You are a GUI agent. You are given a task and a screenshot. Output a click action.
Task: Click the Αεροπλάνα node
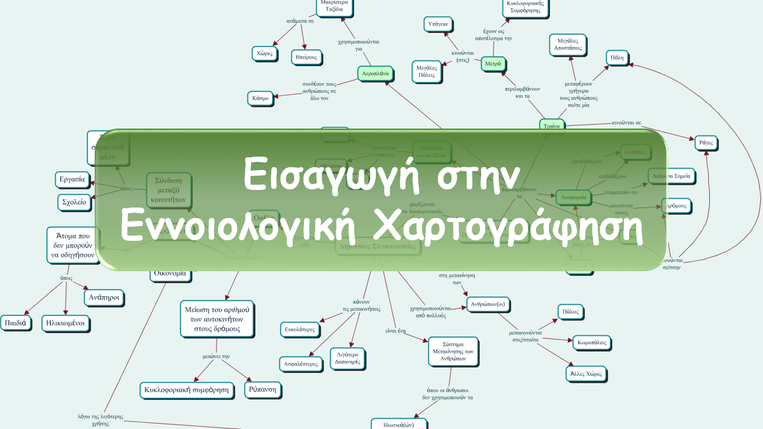click(x=375, y=74)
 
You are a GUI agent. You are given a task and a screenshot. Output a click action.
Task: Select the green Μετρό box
click(x=493, y=64)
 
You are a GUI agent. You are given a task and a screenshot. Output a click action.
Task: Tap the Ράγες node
click(x=706, y=143)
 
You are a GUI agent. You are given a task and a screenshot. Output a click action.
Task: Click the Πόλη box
click(x=617, y=57)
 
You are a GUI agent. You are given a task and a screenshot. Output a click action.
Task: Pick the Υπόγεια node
click(x=438, y=24)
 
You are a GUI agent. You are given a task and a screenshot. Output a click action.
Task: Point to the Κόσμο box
click(x=260, y=98)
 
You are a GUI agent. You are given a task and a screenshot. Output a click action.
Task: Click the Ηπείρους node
click(x=306, y=57)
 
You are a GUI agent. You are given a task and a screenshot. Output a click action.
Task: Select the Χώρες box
click(x=264, y=53)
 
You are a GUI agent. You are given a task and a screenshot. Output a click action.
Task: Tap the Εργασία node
click(x=72, y=179)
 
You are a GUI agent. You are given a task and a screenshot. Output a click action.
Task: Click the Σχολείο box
click(x=74, y=202)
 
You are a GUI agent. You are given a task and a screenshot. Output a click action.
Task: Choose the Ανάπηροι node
click(x=104, y=297)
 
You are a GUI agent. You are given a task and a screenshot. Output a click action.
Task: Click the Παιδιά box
click(x=16, y=323)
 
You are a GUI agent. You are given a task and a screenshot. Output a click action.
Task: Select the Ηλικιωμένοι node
click(x=66, y=323)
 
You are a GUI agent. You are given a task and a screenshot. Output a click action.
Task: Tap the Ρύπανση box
click(x=263, y=389)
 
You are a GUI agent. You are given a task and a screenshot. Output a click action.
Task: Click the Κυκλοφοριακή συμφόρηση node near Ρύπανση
click(x=187, y=390)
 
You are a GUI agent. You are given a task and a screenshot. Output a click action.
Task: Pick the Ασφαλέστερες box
click(x=301, y=364)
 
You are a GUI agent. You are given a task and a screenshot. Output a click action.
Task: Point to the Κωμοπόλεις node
click(x=591, y=342)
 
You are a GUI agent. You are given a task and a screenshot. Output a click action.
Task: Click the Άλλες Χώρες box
click(x=586, y=373)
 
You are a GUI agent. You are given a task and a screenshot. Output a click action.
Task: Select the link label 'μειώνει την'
click(x=216, y=356)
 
